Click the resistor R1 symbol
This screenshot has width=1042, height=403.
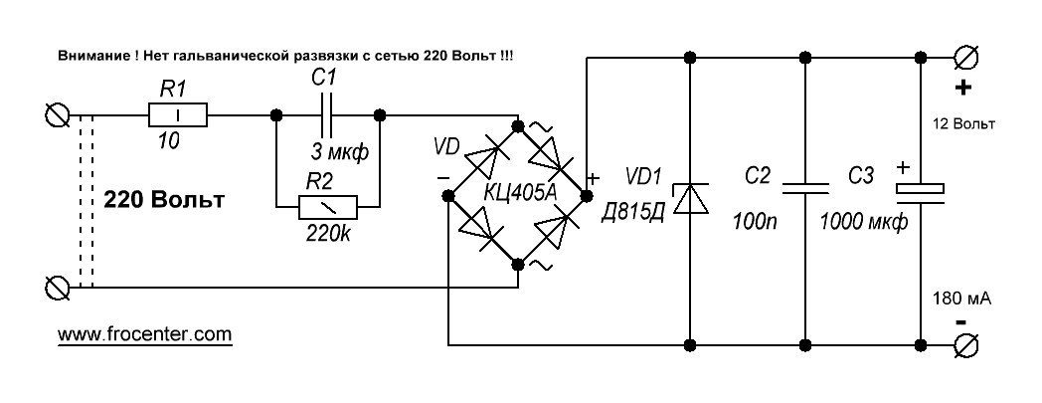[177, 115]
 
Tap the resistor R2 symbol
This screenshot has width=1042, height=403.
[328, 208]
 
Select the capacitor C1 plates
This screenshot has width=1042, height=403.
[327, 115]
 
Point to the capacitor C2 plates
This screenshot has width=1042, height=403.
[804, 187]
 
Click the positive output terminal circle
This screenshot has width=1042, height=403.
[964, 58]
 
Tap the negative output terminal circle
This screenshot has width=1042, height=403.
[964, 345]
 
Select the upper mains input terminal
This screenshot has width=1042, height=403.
[57, 115]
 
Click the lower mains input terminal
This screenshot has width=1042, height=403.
[57, 288]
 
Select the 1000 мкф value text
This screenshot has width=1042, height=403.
[863, 222]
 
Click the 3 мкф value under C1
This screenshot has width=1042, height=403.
[339, 153]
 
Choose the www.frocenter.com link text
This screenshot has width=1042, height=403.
[145, 333]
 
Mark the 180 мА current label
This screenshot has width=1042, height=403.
[962, 299]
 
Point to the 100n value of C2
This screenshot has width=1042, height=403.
[755, 222]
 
